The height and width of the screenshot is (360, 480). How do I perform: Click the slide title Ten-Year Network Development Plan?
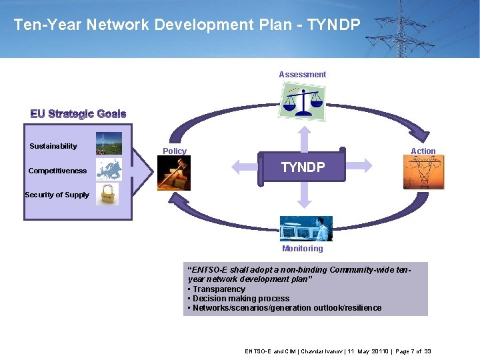click(x=187, y=25)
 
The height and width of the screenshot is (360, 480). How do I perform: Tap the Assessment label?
click(x=302, y=75)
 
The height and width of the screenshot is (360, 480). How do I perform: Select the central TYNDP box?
click(x=302, y=167)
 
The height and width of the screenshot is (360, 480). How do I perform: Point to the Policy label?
click(x=175, y=151)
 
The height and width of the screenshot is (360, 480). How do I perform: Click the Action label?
click(x=423, y=151)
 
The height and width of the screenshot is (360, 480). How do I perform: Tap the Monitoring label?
click(x=302, y=249)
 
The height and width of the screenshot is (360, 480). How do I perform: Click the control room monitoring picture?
click(x=305, y=229)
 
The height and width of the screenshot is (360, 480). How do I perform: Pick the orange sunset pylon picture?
click(x=422, y=173)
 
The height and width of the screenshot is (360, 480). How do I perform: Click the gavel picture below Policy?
click(x=174, y=173)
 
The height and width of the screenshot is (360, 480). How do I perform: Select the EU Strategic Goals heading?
click(x=78, y=114)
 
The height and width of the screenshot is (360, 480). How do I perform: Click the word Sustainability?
click(x=53, y=146)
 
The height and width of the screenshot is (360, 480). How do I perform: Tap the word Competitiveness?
click(x=57, y=171)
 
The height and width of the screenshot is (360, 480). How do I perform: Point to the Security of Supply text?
click(x=57, y=195)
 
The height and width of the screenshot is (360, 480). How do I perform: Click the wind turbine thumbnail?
click(x=109, y=143)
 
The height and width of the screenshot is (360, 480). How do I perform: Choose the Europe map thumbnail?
click(x=109, y=169)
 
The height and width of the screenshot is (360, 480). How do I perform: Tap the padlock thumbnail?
click(x=107, y=194)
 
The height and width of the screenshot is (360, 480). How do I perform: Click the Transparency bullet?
click(x=219, y=289)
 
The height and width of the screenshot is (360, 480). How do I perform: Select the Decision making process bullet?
click(x=241, y=299)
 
